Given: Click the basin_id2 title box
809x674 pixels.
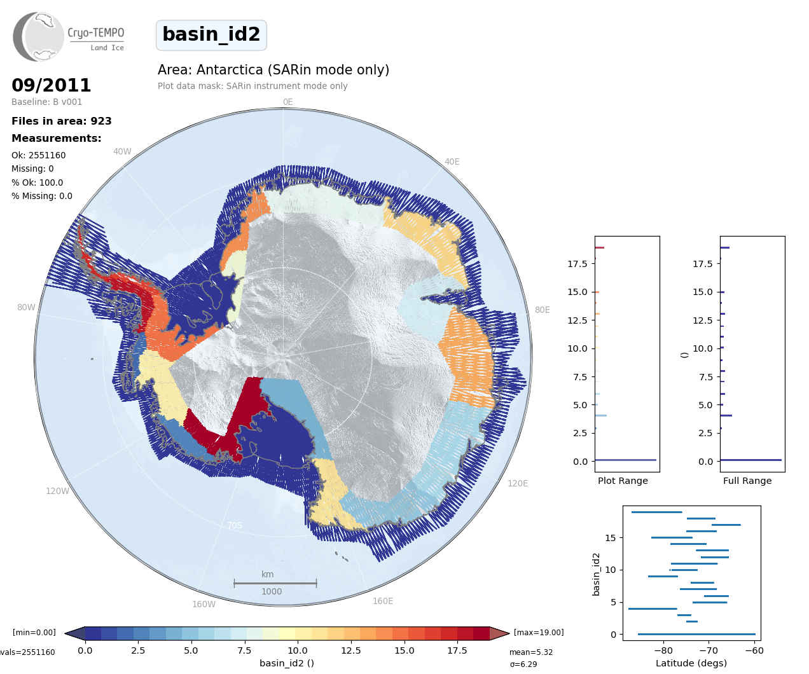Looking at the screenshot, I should tap(211, 35).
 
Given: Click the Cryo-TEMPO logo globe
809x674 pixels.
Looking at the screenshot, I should tap(39, 37).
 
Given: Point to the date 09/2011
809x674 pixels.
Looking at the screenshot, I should tap(52, 85).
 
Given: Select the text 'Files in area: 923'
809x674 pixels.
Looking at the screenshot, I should tap(62, 121).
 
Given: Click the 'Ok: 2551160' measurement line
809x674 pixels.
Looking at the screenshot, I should tap(39, 155).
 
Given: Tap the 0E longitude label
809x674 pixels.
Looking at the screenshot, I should tap(287, 102).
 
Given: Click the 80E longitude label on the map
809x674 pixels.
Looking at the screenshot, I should tap(542, 310).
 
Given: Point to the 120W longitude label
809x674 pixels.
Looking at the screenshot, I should tap(57, 492).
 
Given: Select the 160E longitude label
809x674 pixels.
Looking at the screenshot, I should tap(383, 602).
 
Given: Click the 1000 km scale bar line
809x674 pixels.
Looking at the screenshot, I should tap(275, 583).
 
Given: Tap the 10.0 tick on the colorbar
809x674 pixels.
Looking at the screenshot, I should tap(298, 650).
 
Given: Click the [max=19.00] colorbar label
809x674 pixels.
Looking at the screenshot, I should tap(539, 633).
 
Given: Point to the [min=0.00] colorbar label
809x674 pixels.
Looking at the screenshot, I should tap(34, 633).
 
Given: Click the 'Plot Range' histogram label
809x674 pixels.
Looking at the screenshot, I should tap(623, 481).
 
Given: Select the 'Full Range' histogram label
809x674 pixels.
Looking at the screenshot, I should tap(747, 481).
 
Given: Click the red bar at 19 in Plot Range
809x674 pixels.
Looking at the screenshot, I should tap(600, 248).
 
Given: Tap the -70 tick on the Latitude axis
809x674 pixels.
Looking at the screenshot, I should tap(709, 650).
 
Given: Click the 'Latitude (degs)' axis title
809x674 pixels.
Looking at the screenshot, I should tap(691, 664).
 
